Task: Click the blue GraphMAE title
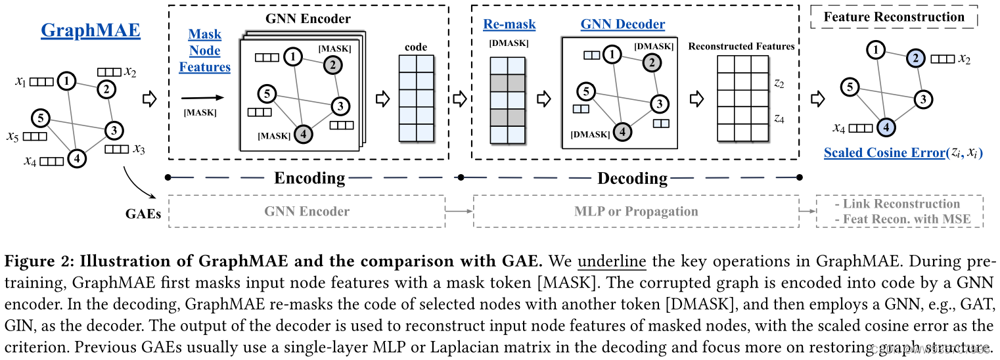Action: (x=90, y=30)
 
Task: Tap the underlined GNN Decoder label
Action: (x=622, y=25)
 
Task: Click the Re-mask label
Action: (x=509, y=25)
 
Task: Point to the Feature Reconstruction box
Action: (x=894, y=17)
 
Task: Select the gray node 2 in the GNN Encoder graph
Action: (x=332, y=64)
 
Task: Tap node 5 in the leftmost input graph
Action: (x=41, y=118)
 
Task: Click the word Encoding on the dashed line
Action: (x=309, y=178)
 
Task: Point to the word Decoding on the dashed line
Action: (x=632, y=178)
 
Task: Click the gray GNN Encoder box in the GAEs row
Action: (x=307, y=212)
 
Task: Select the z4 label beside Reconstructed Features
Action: (x=779, y=119)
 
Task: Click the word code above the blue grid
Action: (x=416, y=47)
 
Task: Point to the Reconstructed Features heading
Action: (x=741, y=47)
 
